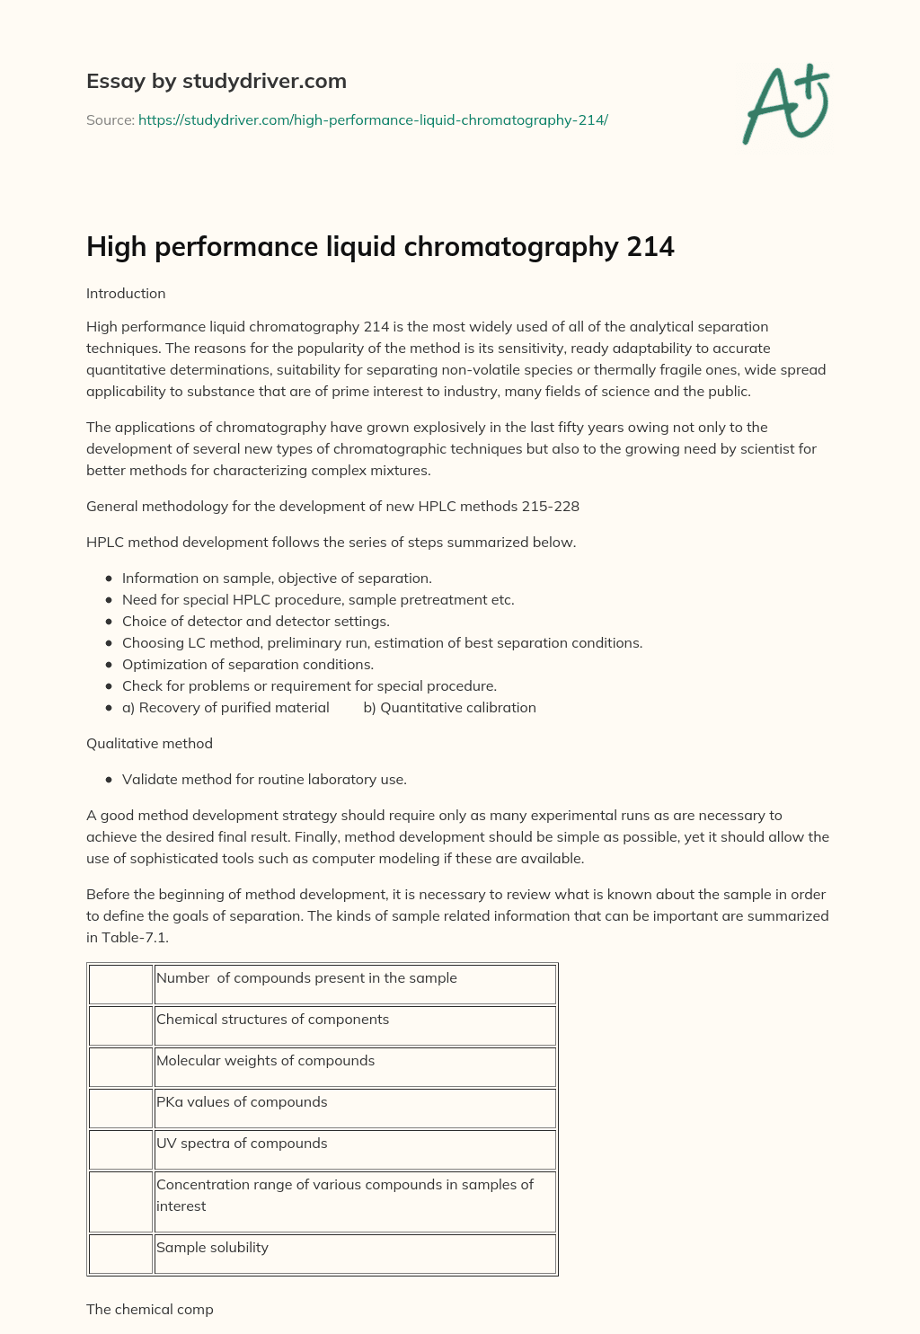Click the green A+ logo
click(786, 104)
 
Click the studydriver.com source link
click(373, 119)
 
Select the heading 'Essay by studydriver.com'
click(216, 82)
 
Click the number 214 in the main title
click(650, 247)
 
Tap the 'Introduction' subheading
click(126, 294)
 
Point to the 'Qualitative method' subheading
click(149, 744)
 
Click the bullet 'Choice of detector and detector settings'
click(255, 622)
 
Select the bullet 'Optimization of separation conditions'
click(247, 665)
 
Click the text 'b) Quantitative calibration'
click(449, 708)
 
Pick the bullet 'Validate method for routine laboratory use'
click(264, 780)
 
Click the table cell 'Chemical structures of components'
click(272, 1020)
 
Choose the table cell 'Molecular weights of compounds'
click(265, 1061)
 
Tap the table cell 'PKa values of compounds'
click(242, 1102)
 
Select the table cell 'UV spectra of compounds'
click(242, 1144)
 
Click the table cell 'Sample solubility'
click(212, 1248)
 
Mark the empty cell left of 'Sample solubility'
click(120, 1254)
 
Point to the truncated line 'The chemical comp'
click(150, 1310)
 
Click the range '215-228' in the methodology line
click(550, 507)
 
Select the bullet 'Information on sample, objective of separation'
click(277, 579)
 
